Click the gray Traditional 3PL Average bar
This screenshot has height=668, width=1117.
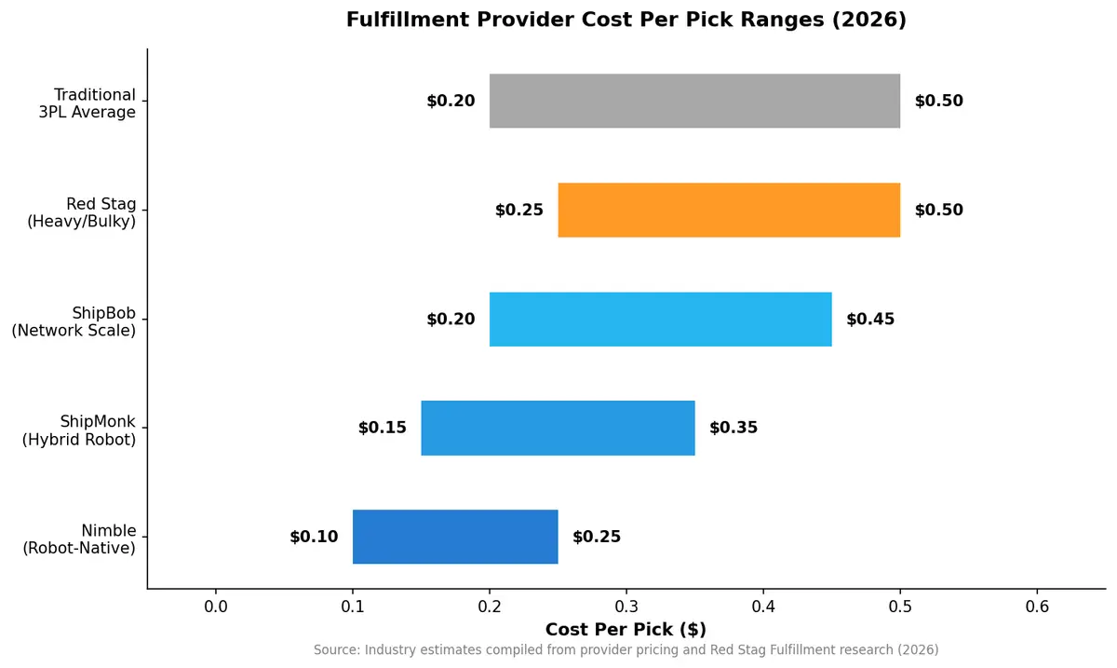coord(694,101)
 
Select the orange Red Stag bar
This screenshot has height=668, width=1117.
coord(729,210)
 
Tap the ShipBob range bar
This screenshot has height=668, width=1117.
coord(660,319)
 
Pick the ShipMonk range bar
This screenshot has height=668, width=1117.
coord(558,428)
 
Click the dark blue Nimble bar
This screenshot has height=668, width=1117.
coord(455,537)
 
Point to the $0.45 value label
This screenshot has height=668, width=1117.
coord(870,320)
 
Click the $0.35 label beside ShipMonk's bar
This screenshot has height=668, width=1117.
coord(733,429)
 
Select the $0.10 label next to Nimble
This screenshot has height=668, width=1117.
coord(314,538)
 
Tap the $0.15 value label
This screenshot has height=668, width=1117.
coord(382,429)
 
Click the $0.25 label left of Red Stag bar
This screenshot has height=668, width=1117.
coord(518,211)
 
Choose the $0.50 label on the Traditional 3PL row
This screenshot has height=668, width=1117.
coord(938,102)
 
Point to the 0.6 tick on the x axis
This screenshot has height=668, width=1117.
coord(1037,607)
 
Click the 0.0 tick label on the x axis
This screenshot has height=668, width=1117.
coord(216,607)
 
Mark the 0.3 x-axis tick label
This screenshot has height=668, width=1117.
coord(626,607)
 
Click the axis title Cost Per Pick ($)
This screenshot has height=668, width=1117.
coord(626,630)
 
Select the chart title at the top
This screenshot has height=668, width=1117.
coord(626,20)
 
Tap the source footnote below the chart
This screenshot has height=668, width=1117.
coord(626,649)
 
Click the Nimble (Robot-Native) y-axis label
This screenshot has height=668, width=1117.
coord(79,539)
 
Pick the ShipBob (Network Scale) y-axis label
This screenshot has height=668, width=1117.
coord(74,321)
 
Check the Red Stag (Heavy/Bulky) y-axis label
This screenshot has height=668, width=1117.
coord(79,212)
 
